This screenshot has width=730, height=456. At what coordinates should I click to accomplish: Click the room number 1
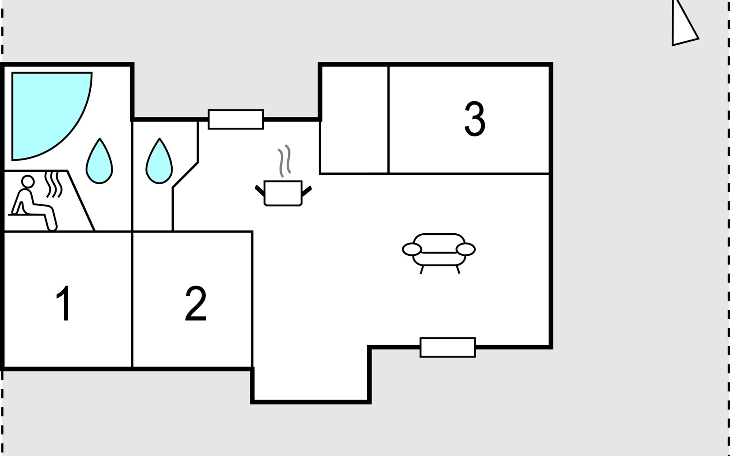64,303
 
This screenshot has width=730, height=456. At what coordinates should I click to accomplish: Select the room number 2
196,304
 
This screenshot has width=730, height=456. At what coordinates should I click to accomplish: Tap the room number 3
475,119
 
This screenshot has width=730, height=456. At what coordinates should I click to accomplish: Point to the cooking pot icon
283,193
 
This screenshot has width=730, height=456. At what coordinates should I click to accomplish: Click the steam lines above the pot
284,161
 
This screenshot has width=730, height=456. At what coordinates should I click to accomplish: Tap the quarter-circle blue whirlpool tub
52,116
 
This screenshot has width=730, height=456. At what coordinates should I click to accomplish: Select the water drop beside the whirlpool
100,161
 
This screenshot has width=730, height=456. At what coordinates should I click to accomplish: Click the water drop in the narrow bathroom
159,161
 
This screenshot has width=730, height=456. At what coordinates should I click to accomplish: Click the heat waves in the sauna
54,185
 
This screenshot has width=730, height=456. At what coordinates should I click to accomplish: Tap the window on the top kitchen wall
236,119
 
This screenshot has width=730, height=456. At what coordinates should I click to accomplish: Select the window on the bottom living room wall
448,347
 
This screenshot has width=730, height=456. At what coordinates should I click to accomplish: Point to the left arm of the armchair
412,250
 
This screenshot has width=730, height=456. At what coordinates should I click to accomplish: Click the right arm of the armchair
466,250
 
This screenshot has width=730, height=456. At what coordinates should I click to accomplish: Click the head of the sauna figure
27,182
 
